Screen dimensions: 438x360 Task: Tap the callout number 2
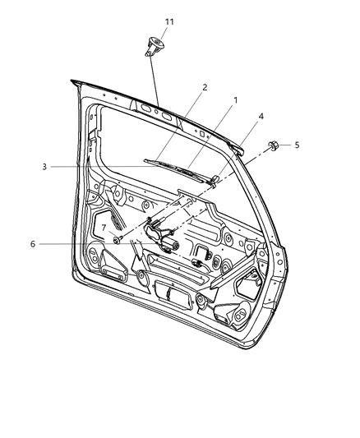click(x=205, y=86)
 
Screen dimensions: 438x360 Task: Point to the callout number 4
click(x=261, y=116)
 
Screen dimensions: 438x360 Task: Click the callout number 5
click(x=298, y=145)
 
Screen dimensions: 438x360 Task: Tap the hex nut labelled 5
click(x=272, y=147)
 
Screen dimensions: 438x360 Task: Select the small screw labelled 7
click(x=118, y=240)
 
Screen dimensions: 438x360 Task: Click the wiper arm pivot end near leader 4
click(x=214, y=179)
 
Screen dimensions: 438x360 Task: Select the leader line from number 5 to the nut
click(x=286, y=145)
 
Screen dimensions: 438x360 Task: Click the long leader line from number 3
click(x=123, y=167)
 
